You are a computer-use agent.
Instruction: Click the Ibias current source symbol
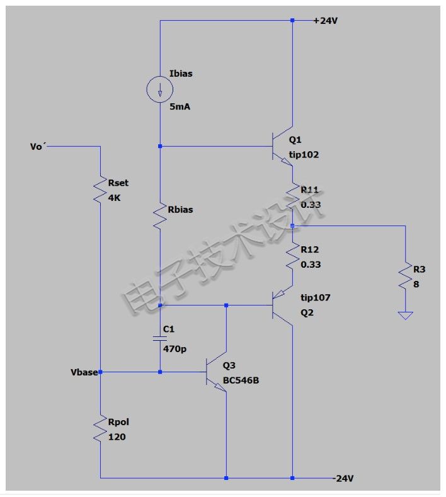(160, 89)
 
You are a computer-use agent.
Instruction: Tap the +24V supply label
(325, 21)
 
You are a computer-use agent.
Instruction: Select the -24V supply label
(343, 478)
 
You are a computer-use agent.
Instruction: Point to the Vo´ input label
(38, 146)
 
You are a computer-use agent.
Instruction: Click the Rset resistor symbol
(100, 190)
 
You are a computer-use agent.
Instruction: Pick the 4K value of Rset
(114, 198)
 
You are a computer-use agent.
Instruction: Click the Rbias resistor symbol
(160, 216)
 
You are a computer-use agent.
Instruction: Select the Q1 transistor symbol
(283, 146)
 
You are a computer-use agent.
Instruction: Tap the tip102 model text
(304, 155)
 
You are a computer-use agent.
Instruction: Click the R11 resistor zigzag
(292, 196)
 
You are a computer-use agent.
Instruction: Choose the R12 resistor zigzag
(292, 256)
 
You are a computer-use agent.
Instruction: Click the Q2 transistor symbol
(283, 306)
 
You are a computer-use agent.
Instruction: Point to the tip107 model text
(316, 297)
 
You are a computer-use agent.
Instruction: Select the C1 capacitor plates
(160, 338)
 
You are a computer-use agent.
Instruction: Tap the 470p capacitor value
(174, 349)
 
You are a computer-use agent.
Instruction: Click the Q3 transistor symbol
(217, 372)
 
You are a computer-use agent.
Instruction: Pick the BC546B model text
(241, 380)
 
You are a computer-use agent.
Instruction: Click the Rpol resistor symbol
(100, 428)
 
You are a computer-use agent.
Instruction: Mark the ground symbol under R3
(406, 316)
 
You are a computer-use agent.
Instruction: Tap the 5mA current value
(180, 107)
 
